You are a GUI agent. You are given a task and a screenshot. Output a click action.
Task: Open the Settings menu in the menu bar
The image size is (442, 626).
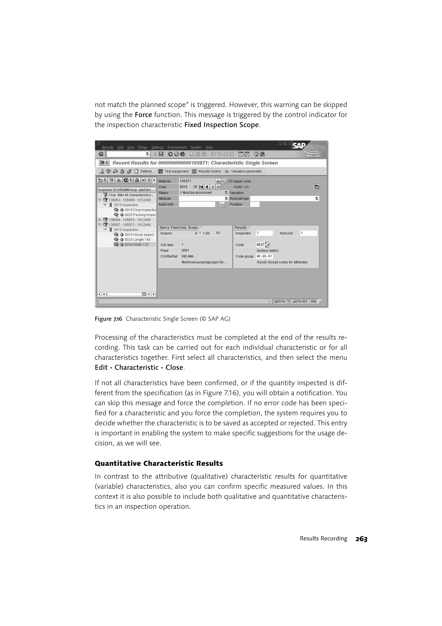click(157, 148)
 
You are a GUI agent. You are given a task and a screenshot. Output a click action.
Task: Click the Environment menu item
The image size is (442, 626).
click(177, 148)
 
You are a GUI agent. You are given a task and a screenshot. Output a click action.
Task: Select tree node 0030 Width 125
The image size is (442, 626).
click(136, 245)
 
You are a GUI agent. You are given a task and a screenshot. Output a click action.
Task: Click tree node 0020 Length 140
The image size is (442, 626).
click(137, 240)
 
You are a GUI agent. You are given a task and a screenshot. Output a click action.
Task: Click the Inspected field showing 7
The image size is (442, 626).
click(264, 233)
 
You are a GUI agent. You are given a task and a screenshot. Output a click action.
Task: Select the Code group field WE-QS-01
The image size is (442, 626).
click(264, 256)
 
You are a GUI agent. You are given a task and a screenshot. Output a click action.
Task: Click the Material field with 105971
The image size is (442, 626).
click(197, 181)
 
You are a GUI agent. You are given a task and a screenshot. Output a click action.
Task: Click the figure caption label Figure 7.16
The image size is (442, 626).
click(108, 319)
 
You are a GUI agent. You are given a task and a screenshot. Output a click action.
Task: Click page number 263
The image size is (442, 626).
click(361, 539)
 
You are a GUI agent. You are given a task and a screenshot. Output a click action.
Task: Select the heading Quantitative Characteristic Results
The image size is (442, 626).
click(158, 464)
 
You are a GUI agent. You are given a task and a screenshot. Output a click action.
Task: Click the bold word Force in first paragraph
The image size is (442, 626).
click(143, 115)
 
